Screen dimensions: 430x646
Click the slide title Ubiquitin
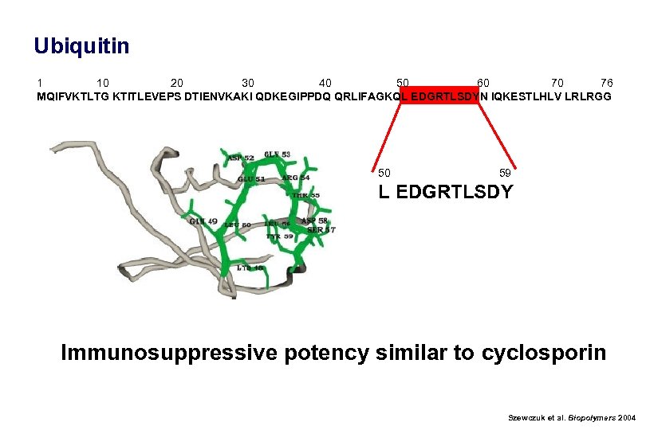pyautogui.click(x=81, y=46)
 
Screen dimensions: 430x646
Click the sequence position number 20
pyautogui.click(x=177, y=83)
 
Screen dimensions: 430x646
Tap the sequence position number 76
pyautogui.click(x=607, y=83)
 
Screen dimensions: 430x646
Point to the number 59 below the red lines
pyautogui.click(x=505, y=173)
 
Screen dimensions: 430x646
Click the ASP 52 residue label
pyautogui.click(x=241, y=158)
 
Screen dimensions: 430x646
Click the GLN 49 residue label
pyautogui.click(x=203, y=221)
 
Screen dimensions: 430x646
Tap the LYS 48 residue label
pyautogui.click(x=250, y=268)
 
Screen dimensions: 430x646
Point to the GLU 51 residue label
pyautogui.click(x=251, y=179)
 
